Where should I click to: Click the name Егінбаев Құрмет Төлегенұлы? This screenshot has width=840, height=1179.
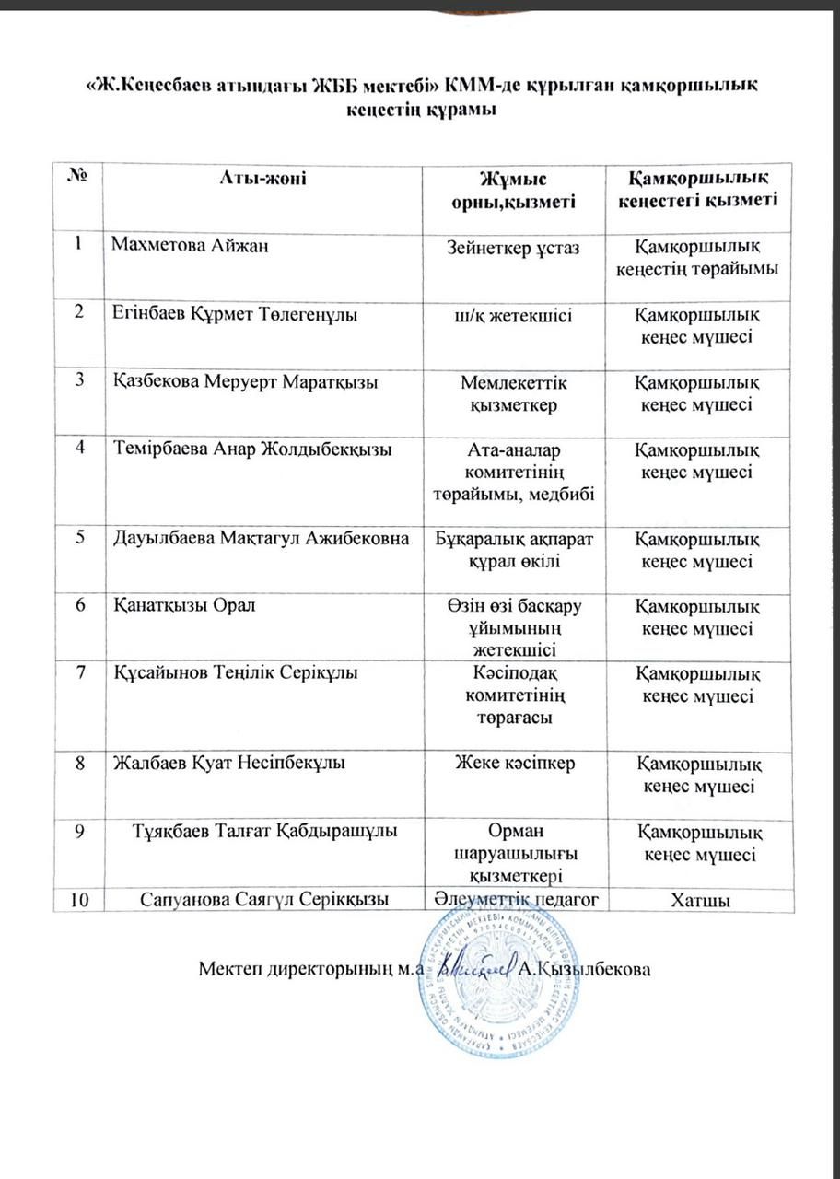pos(235,314)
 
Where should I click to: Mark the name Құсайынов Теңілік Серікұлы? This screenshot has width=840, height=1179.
pos(235,673)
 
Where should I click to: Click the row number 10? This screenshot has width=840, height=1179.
pos(79,898)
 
